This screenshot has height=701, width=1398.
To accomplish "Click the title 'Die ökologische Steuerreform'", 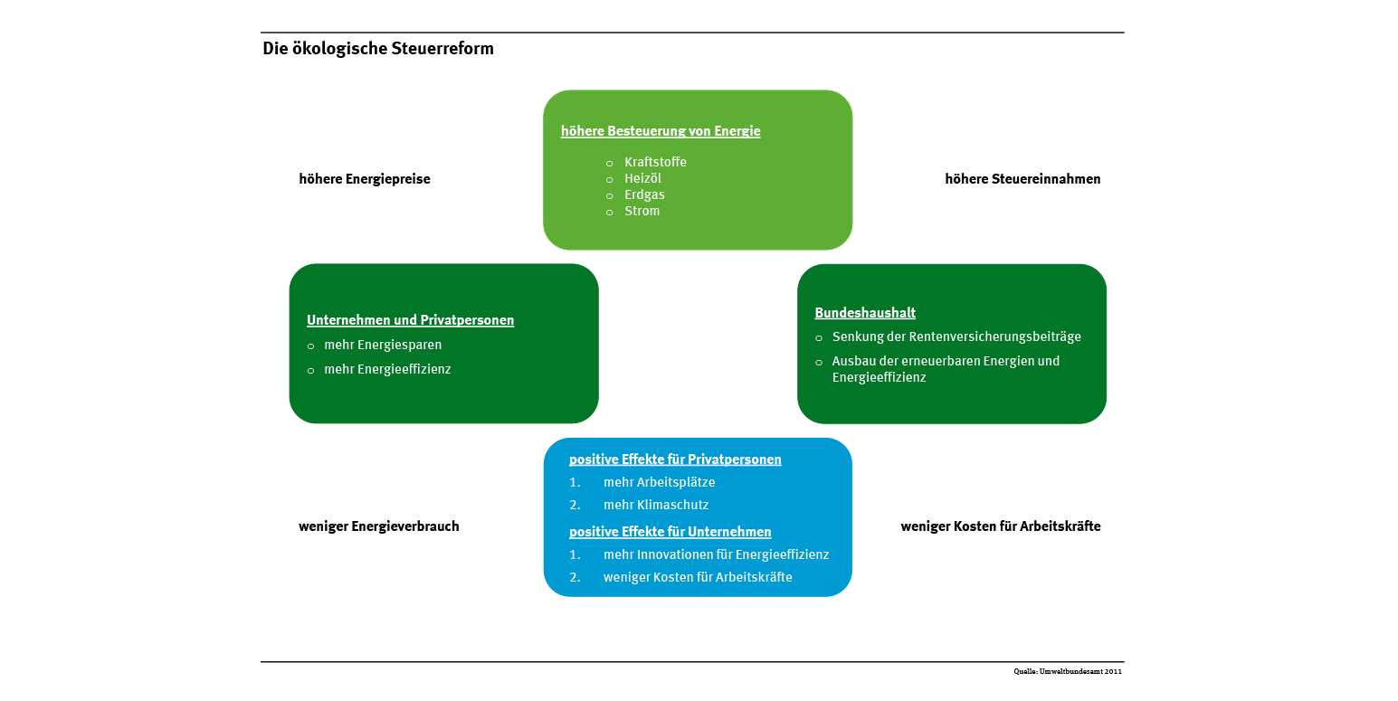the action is point(377,49).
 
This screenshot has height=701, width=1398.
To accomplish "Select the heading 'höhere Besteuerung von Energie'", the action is point(661,131).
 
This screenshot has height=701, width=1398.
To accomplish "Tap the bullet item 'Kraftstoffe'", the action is point(655,162).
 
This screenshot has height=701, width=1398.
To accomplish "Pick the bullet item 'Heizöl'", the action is point(642,178).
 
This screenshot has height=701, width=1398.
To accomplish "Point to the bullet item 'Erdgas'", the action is point(644,194).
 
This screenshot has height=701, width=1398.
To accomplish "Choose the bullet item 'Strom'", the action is point(642,211).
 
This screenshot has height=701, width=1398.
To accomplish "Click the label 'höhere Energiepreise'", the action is point(365,179).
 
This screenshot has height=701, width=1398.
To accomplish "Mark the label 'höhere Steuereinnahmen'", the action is point(1022,179).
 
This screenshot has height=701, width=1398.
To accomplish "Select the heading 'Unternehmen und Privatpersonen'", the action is point(410,320).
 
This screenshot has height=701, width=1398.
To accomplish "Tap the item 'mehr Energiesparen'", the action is point(383,345).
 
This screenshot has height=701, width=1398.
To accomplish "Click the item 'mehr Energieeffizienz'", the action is point(387,369).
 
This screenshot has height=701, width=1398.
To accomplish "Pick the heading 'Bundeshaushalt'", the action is point(865,312).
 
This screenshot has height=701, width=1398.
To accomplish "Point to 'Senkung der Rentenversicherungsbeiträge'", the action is point(956,336).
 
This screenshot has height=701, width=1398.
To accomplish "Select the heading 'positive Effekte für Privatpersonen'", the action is point(675,459).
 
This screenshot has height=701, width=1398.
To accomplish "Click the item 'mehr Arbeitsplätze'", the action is point(659,482).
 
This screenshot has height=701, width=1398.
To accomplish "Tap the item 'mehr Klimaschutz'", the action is point(655,505).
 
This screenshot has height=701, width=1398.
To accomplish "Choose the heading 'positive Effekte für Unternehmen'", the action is point(670,531).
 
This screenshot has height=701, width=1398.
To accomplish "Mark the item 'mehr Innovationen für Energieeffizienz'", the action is point(716,554).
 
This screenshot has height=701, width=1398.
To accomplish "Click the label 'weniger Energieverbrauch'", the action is point(379,526).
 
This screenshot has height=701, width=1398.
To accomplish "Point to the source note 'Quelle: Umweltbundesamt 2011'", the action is point(1067,672).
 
